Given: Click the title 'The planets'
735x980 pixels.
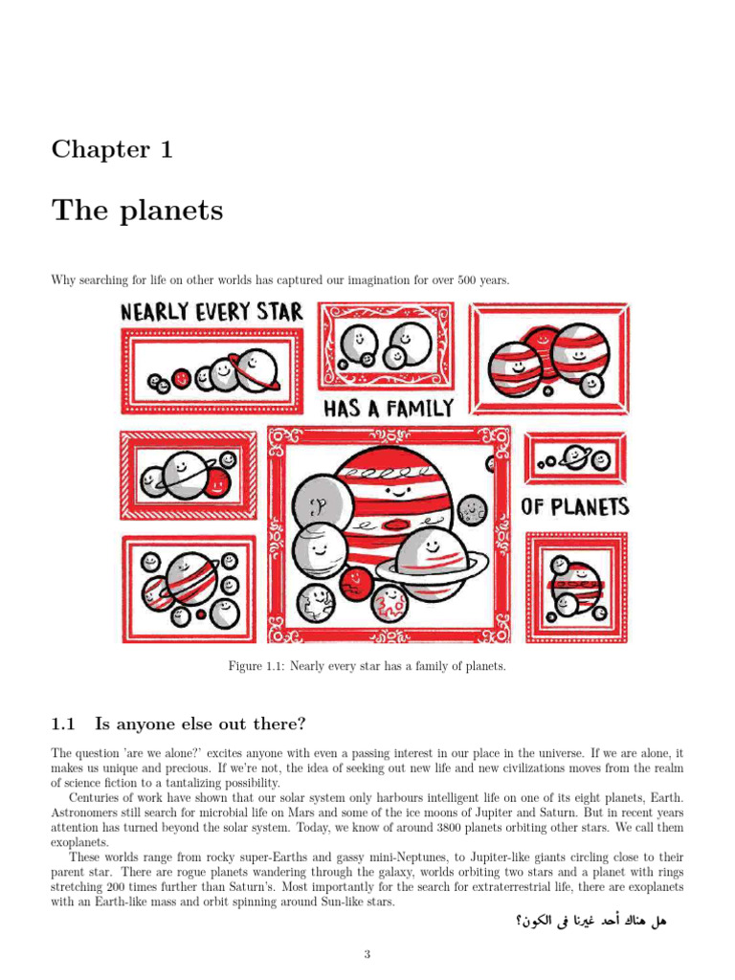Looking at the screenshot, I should (x=137, y=210).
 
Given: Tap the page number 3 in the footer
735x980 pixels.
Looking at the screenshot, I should (x=367, y=954).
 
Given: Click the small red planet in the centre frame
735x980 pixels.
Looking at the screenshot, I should (x=356, y=579).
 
